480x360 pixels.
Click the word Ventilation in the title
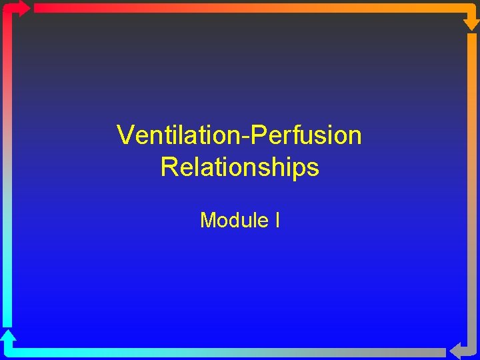[x=179, y=135]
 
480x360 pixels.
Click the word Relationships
[x=240, y=167]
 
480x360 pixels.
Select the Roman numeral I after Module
[x=277, y=219]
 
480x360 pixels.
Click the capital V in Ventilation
[x=125, y=135]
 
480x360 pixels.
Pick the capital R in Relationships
[x=169, y=167]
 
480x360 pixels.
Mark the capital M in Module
[x=208, y=219]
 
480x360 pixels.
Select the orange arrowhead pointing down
[x=471, y=22]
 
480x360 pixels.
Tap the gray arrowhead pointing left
[x=457, y=351]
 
